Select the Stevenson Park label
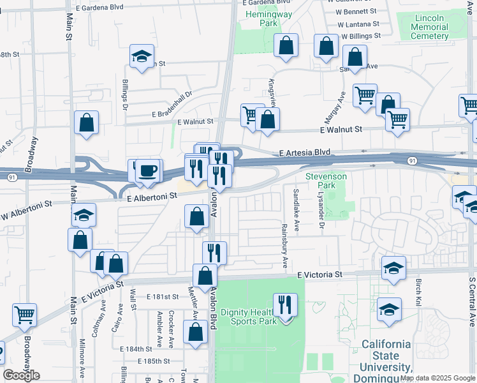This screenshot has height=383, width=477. (x=326, y=181)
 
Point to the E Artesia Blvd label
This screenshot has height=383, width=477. (x=305, y=153)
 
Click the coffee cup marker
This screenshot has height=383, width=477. (x=149, y=171)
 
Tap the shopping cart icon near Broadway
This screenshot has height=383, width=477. (x=24, y=314)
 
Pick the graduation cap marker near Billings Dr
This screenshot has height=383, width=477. (x=142, y=56)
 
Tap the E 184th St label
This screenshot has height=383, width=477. (x=136, y=349)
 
